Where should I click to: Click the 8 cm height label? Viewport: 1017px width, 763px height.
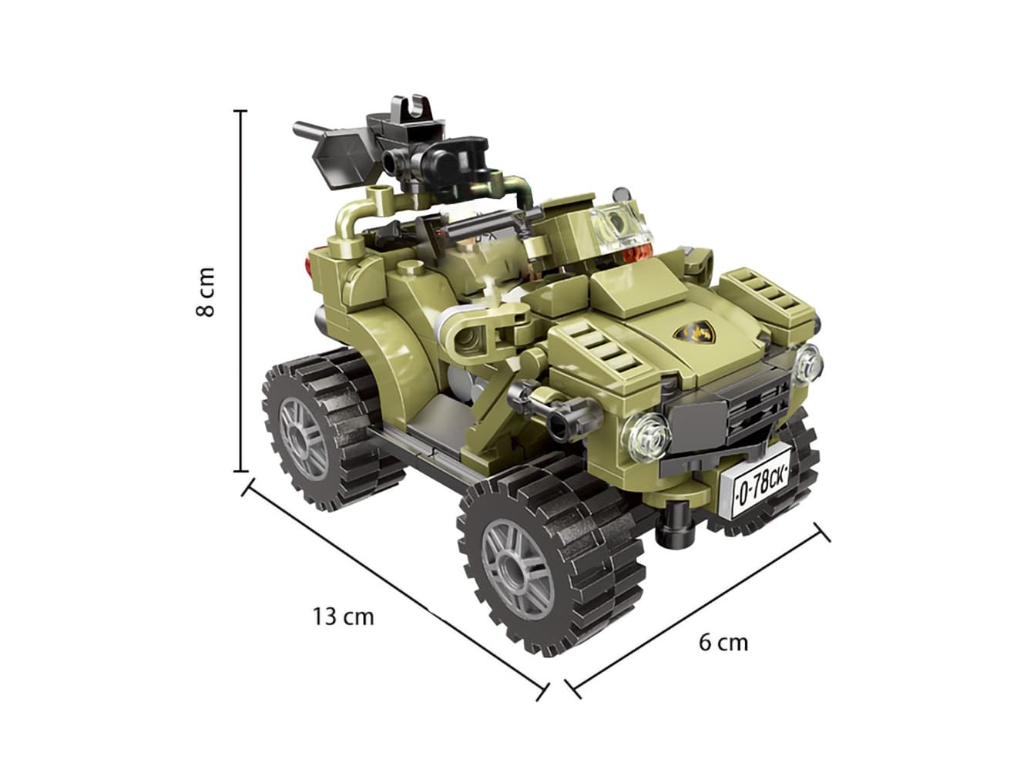tap(205, 291)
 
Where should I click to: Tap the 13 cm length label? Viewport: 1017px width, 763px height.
tap(343, 617)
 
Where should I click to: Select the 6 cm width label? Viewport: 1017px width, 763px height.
tap(723, 643)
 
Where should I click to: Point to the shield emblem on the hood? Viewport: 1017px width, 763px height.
tap(692, 334)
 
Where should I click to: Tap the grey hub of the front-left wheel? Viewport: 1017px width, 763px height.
tap(518, 569)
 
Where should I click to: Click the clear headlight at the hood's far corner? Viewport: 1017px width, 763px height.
tap(809, 363)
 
